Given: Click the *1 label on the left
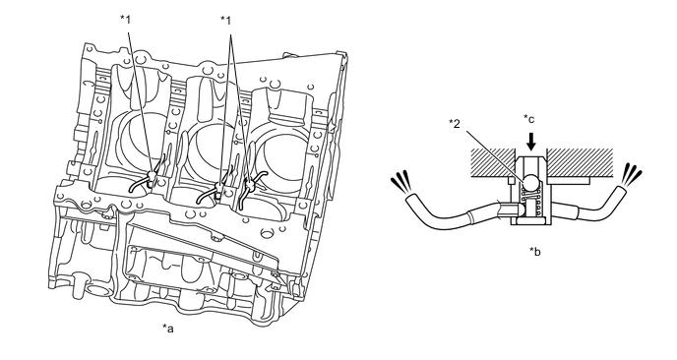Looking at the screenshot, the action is pyautogui.click(x=125, y=19).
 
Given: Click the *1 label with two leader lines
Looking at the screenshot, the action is pyautogui.click(x=225, y=20).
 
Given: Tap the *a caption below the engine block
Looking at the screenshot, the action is pyautogui.click(x=168, y=329).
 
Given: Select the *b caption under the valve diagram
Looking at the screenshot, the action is pyautogui.click(x=535, y=251).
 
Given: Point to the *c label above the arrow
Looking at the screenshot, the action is pyautogui.click(x=529, y=119).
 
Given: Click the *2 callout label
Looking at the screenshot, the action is pyautogui.click(x=455, y=124).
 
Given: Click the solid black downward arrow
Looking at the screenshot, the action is pyautogui.click(x=531, y=142).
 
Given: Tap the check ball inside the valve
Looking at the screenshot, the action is pyautogui.click(x=529, y=182).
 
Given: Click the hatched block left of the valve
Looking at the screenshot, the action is pyautogui.click(x=493, y=162).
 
